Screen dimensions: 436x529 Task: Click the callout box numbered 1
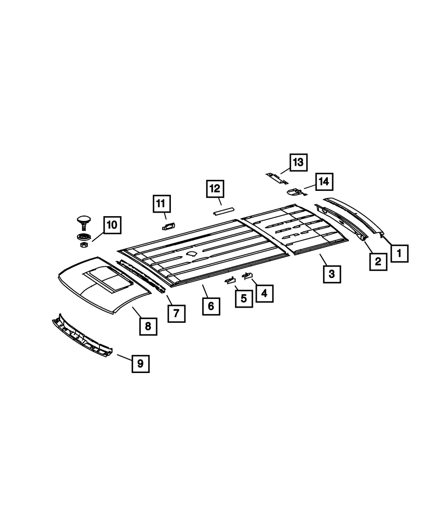point(399,253)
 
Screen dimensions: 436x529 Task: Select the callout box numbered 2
point(378,261)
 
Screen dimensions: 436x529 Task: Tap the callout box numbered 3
point(332,274)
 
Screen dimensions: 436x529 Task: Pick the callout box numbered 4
point(264,293)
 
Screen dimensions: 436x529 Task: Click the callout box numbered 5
point(244,298)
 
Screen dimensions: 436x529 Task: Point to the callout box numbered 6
point(211,306)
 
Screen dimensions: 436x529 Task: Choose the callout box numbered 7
point(176,313)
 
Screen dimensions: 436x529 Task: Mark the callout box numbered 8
point(148,326)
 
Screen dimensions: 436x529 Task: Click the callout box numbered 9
point(140,363)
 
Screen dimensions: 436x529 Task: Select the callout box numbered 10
point(112,225)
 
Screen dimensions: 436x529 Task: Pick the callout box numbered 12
point(215,189)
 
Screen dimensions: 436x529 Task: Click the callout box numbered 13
point(298,163)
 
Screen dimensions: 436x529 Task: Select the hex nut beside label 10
point(84,245)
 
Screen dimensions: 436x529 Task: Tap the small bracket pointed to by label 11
point(168,226)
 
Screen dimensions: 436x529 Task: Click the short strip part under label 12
point(223,210)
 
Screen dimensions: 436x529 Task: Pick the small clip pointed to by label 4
point(248,275)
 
